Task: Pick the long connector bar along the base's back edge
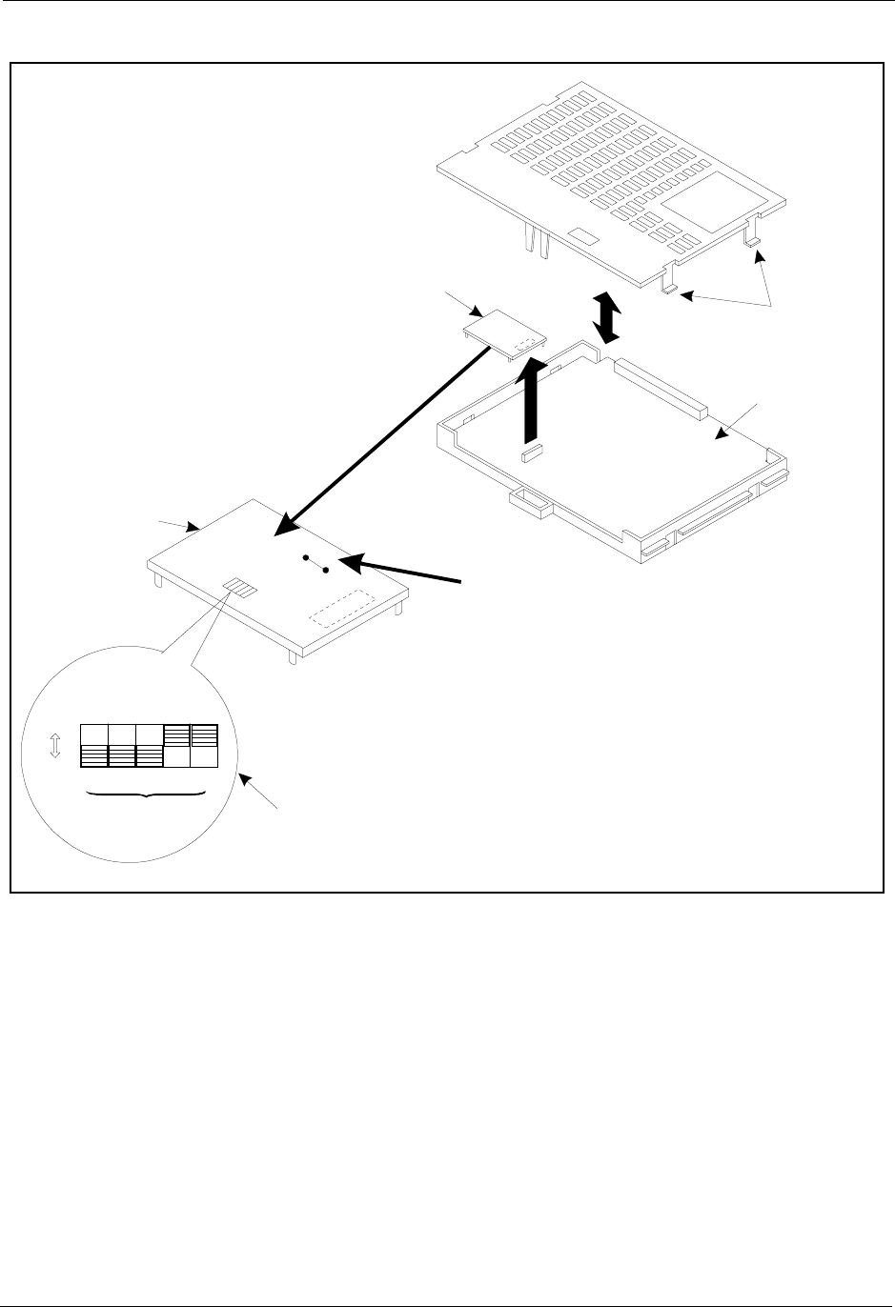point(661,389)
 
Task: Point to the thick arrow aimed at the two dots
point(400,570)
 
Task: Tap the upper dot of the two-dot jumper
point(305,557)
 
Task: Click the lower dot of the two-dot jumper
point(326,570)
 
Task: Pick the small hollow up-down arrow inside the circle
point(54,746)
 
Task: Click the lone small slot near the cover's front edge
point(580,234)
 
